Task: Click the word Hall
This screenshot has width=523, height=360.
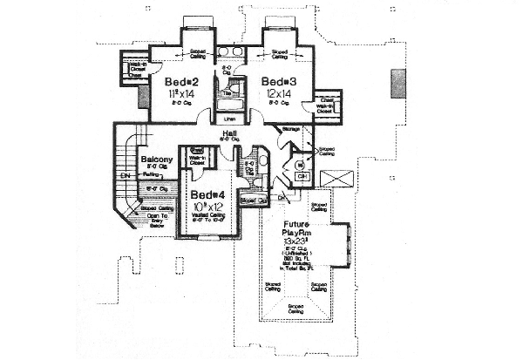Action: click(231, 132)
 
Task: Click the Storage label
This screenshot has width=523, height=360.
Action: click(291, 130)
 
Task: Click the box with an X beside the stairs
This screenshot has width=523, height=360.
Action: click(336, 179)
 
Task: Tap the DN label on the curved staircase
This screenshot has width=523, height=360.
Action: click(125, 175)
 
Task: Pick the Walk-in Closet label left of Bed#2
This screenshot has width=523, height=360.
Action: click(134, 67)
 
